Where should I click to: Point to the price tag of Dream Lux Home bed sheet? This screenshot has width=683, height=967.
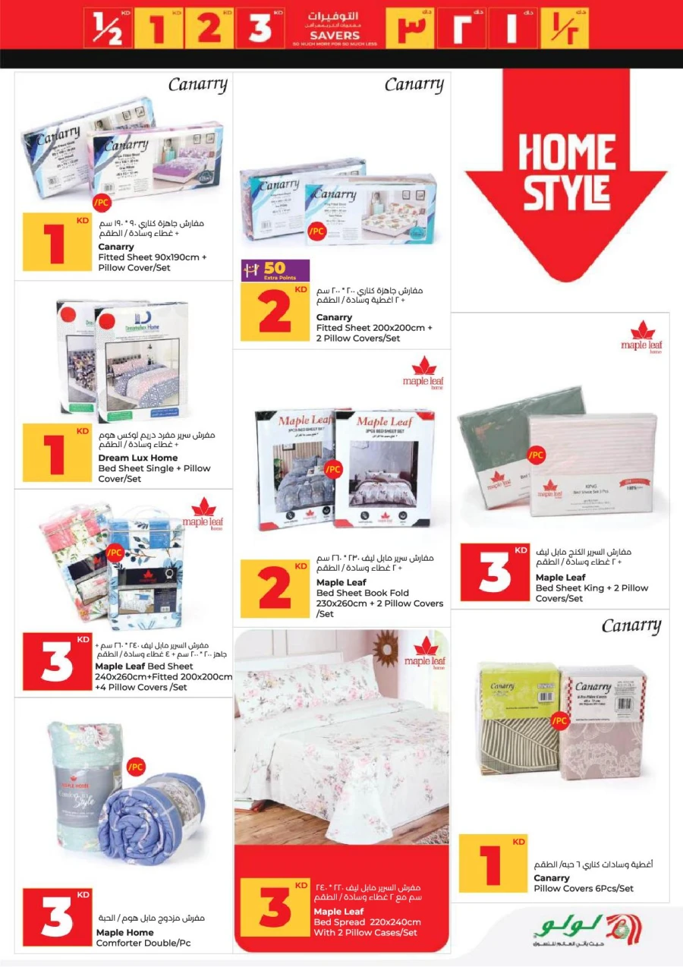[57, 454]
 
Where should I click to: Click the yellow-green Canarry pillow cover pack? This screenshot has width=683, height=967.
[513, 721]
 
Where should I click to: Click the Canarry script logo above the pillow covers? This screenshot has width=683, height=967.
[631, 626]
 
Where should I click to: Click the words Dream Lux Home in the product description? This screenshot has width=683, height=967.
[138, 458]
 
